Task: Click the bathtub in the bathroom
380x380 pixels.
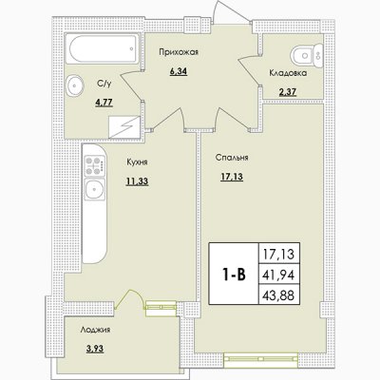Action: coord(103,49)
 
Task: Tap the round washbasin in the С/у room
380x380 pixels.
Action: coord(75,85)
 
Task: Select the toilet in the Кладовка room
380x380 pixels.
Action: coord(306,55)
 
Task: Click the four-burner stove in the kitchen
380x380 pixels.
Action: coord(95,166)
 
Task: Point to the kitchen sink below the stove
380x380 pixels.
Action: coord(94,189)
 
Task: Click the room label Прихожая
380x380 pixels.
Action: coord(179,52)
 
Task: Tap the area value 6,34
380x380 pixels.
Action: coord(179,71)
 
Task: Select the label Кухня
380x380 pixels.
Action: coord(137,162)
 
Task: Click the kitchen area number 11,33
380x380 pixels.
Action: coord(137,181)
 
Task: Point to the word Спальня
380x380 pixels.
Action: coord(232,158)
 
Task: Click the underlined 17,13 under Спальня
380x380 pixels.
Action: coord(232,177)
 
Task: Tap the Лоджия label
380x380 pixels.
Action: coord(95,330)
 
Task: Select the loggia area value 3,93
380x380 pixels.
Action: coord(95,349)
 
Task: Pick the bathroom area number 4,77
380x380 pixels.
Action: coord(104,103)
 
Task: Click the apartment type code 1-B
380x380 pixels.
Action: coord(234,275)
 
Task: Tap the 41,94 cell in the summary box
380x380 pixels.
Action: coord(278,275)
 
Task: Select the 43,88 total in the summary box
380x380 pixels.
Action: coord(278,295)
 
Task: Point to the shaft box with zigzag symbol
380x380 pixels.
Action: coord(124,127)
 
